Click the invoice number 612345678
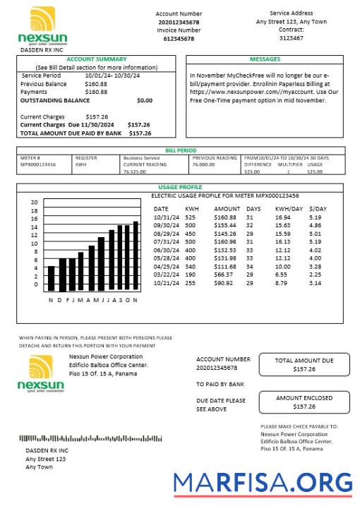[x=179, y=39]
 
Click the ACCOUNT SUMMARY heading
[x=97, y=59]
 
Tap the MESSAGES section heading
[x=265, y=59]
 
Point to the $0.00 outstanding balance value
[x=144, y=100]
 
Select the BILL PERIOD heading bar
[x=181, y=150]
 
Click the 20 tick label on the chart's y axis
[x=34, y=203]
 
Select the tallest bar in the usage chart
[x=136, y=256]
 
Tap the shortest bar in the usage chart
[x=51, y=278]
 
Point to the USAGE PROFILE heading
[x=180, y=187]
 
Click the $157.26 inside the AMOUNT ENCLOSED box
[x=304, y=407]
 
